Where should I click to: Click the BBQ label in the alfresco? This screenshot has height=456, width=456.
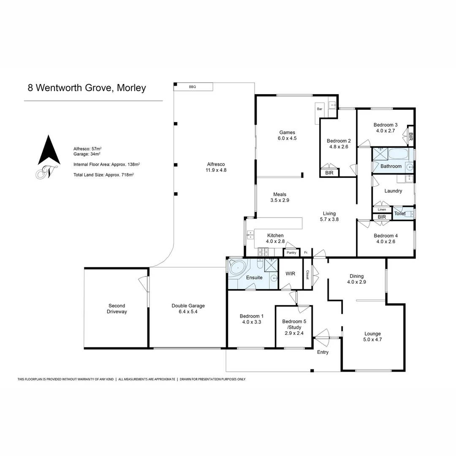(x=192, y=87)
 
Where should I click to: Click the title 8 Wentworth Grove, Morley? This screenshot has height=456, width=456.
(x=87, y=88)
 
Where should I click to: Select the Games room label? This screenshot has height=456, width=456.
(x=287, y=132)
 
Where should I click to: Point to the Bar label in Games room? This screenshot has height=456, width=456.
(x=320, y=109)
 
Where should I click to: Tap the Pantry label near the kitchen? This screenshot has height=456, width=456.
(x=291, y=253)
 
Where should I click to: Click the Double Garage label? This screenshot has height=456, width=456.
(x=188, y=306)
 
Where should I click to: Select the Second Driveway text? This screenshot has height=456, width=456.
(x=117, y=309)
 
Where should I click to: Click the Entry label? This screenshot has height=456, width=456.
(x=323, y=352)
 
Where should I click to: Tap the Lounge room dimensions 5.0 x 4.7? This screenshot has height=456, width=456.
(x=372, y=339)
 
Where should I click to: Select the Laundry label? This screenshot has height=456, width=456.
(x=393, y=191)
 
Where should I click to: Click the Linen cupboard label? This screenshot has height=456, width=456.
(x=382, y=209)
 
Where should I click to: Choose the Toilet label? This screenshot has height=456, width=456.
(x=399, y=214)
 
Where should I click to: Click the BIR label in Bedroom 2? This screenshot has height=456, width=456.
(x=328, y=173)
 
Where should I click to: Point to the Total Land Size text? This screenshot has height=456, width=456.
(x=103, y=174)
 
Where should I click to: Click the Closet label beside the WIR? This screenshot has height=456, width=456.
(x=307, y=274)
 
